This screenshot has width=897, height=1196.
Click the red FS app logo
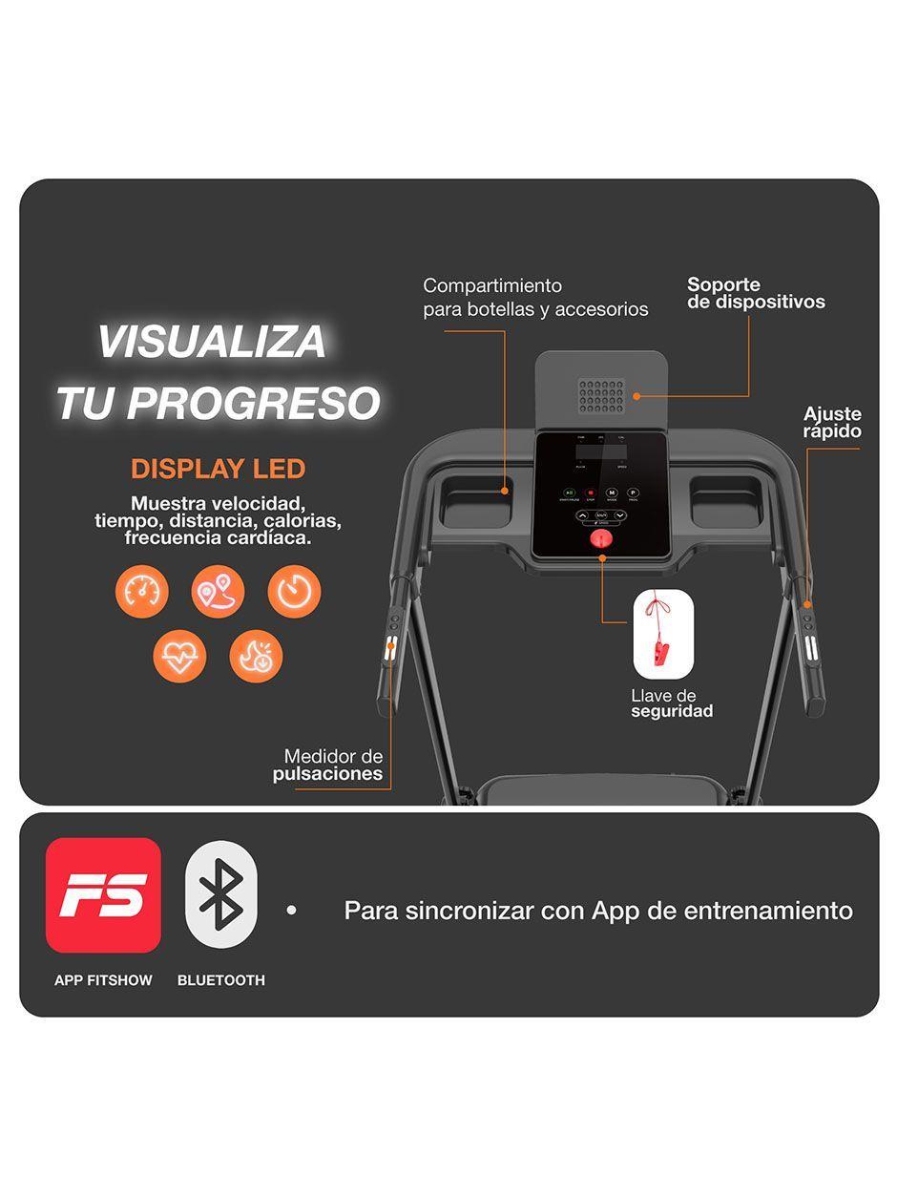[x=103, y=894]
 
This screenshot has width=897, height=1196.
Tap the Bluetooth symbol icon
[x=221, y=894]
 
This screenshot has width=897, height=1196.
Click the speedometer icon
[x=141, y=591]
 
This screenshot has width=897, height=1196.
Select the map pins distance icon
[x=218, y=591]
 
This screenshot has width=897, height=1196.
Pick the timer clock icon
[x=294, y=591]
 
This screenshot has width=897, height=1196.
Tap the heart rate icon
[x=179, y=657]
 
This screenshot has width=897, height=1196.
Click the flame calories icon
[x=256, y=657]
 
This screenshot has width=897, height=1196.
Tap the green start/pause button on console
[x=569, y=493]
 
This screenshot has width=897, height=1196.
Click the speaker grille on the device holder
[x=601, y=395]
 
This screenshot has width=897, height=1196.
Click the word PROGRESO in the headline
[x=253, y=404]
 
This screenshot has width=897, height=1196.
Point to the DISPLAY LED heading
[x=218, y=469]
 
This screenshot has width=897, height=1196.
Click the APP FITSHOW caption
[x=103, y=980]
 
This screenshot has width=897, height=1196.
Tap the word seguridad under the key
[x=672, y=712]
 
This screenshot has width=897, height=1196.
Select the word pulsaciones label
[x=327, y=774]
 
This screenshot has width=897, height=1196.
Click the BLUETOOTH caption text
[x=221, y=980]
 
